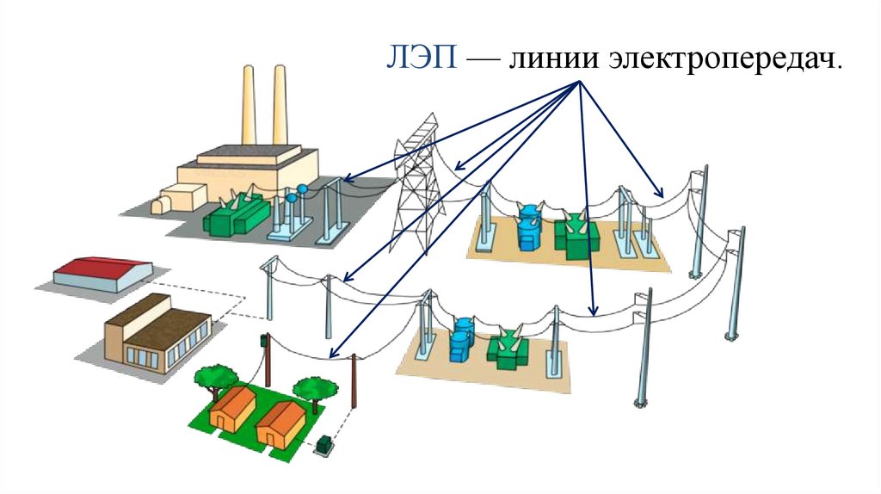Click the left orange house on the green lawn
tap(232, 410)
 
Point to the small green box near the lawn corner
tap(324, 445)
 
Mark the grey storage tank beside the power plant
tap(163, 206)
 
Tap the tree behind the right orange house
tap(312, 391)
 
